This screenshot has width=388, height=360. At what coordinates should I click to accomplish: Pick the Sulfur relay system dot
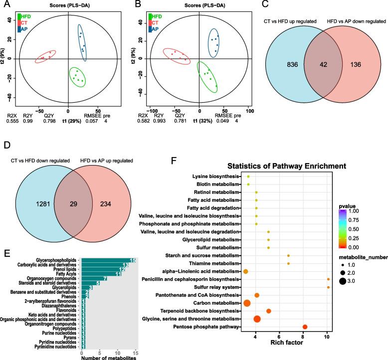pyautogui.click(x=328, y=287)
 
